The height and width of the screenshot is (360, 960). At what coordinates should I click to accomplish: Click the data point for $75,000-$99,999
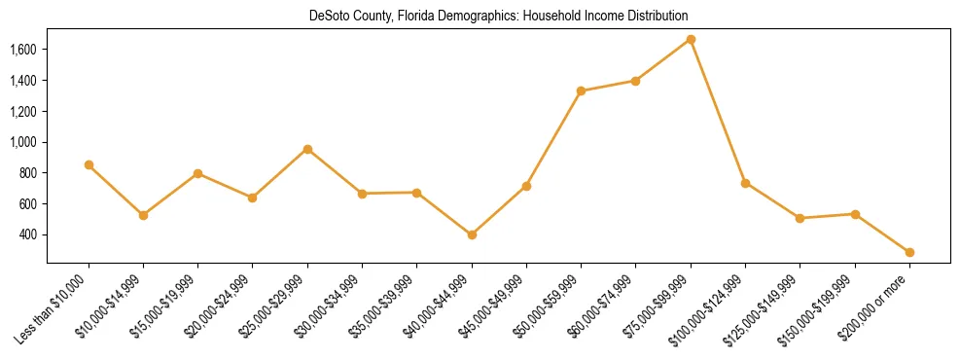click(x=691, y=40)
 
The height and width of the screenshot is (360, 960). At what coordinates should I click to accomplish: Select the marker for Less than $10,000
click(x=89, y=165)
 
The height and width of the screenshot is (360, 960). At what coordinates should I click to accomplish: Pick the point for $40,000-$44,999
click(x=472, y=234)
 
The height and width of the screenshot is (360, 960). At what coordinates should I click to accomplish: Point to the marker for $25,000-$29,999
click(x=307, y=149)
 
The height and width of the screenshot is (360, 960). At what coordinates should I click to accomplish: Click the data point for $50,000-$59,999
click(x=581, y=91)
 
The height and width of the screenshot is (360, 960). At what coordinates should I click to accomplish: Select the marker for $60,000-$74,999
click(x=635, y=81)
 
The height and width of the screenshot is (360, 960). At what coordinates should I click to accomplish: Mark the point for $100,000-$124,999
click(x=745, y=183)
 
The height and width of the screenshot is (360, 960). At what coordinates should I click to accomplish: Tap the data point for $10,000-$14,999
click(x=143, y=215)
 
